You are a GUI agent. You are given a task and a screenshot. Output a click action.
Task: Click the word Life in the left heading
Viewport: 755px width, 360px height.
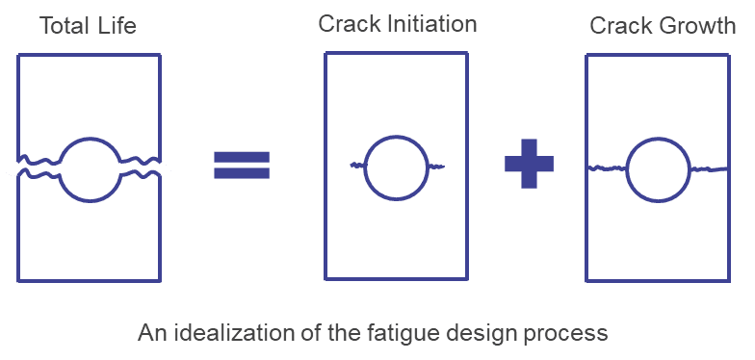(117, 25)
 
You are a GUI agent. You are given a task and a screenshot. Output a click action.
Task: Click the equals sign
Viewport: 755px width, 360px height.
(242, 166)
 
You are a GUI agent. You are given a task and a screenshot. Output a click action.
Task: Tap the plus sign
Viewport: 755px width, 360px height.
(530, 164)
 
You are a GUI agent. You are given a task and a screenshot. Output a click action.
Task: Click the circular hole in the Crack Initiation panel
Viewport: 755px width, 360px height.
(364, 168)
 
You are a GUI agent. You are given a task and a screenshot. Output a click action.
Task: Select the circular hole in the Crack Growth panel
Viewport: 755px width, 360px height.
(628, 169)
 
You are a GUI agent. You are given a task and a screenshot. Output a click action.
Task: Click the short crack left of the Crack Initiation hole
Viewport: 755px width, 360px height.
(357, 166)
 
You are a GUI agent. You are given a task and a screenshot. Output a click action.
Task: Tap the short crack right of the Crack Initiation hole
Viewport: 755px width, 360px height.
(435, 167)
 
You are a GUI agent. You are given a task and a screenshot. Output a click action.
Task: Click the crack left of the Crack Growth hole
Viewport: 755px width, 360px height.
(608, 167)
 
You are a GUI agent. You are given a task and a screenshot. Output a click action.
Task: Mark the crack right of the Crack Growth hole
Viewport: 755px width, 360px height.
(710, 169)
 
